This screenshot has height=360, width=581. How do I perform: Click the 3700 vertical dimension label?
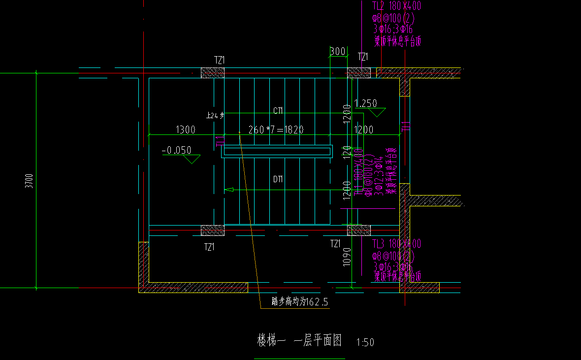click(x=30, y=181)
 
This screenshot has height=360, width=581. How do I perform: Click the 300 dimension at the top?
click(x=337, y=52)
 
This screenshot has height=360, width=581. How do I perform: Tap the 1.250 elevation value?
click(x=366, y=103)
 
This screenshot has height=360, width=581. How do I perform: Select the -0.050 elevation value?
click(x=176, y=150)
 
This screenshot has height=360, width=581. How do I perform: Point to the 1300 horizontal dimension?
click(x=186, y=130)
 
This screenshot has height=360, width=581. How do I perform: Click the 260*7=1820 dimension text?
click(x=276, y=130)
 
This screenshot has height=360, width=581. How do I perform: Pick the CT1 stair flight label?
click(x=278, y=110)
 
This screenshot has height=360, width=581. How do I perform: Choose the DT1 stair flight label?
click(x=278, y=180)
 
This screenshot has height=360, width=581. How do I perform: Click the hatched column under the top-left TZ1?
click(x=213, y=73)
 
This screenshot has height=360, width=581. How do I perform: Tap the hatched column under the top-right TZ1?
click(x=359, y=73)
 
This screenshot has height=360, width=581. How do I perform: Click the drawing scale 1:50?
click(x=365, y=342)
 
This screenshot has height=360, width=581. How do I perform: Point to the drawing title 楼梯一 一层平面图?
click(x=299, y=340)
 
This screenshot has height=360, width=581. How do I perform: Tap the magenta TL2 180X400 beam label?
click(x=396, y=6)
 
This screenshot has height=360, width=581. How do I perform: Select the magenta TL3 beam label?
click(x=396, y=244)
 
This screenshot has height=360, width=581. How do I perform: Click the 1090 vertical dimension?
click(x=347, y=257)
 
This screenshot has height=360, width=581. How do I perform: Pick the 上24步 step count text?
click(x=215, y=116)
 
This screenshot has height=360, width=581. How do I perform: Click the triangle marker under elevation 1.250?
click(x=377, y=112)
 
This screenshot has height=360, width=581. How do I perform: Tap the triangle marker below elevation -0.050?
click(x=191, y=159)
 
